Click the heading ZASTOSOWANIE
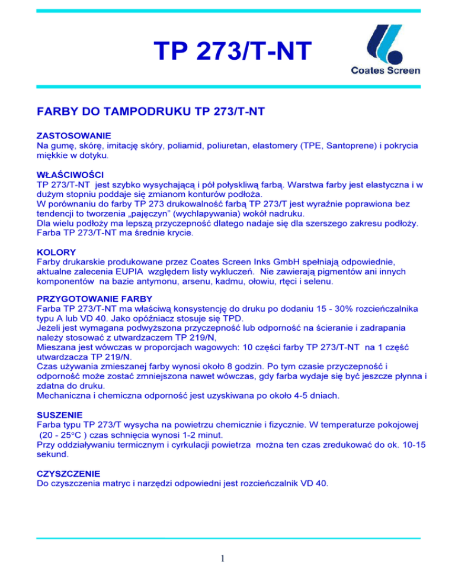74,136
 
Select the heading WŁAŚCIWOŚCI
71,176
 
